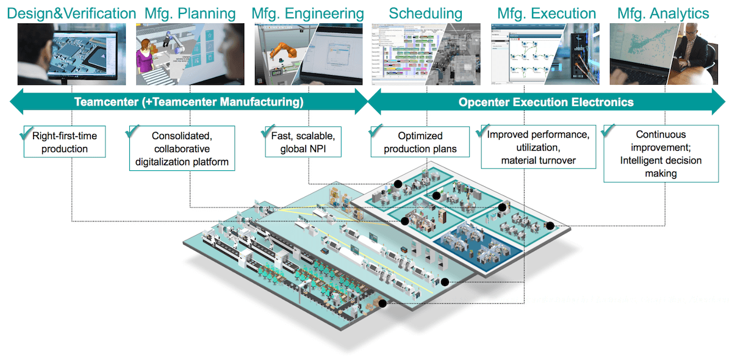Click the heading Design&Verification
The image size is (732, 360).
[70, 13]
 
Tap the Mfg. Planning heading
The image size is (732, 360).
[190, 13]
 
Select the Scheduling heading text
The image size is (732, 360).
[425, 13]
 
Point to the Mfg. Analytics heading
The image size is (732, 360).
[663, 13]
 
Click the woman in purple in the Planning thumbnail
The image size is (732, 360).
[145, 61]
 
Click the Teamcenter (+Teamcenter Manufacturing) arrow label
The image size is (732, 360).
[188, 102]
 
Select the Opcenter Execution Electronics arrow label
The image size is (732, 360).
[545, 102]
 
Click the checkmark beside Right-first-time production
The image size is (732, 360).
[27, 131]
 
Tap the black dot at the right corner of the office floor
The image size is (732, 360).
[550, 226]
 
